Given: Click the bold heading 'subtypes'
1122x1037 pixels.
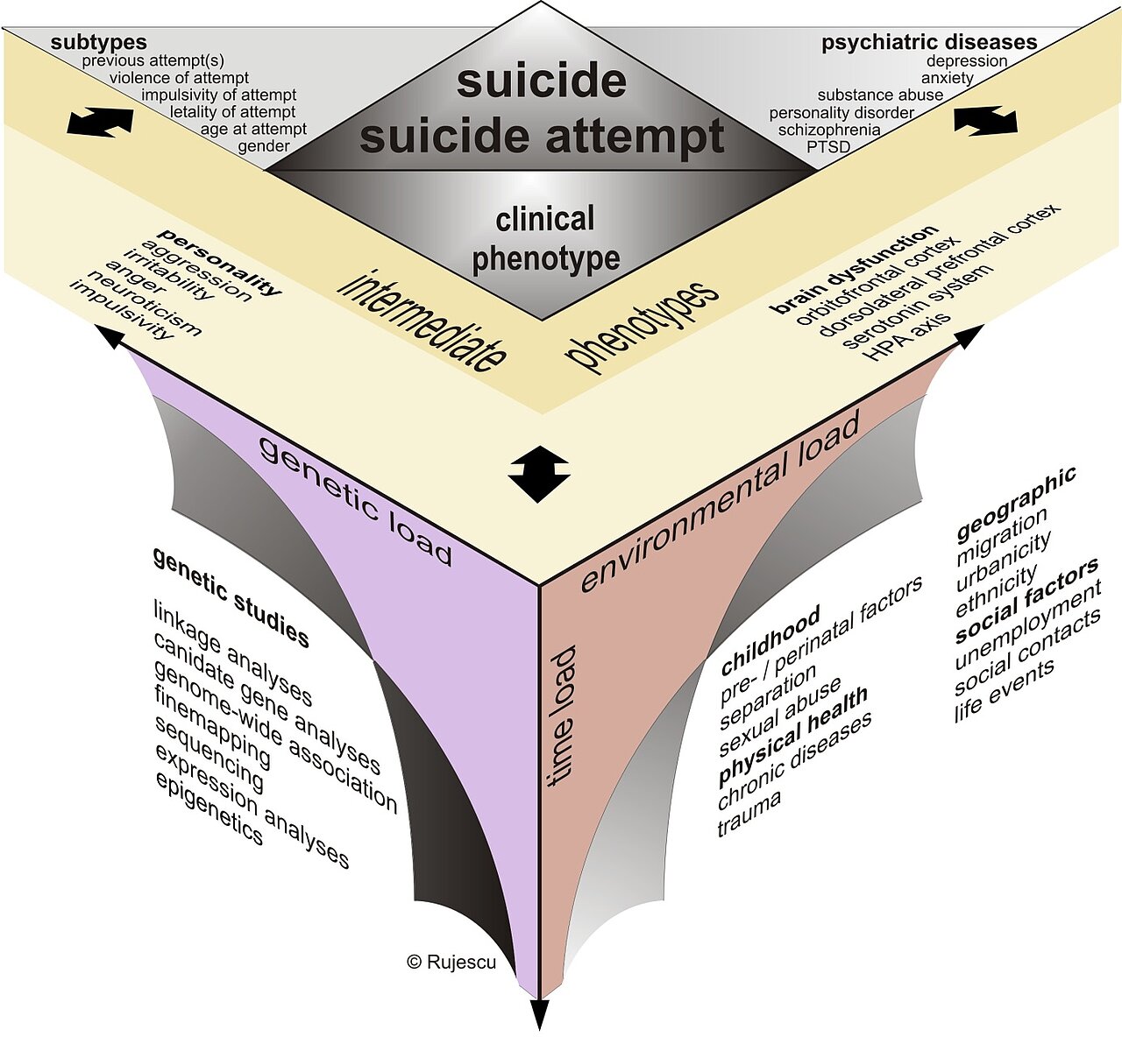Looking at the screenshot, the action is click(x=99, y=42).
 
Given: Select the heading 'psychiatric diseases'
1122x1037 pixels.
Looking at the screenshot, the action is click(x=929, y=42).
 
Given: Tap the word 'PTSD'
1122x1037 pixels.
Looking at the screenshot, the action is click(x=828, y=147).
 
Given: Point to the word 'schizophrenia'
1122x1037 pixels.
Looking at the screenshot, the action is click(x=829, y=130).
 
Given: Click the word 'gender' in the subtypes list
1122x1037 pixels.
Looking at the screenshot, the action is click(x=264, y=147).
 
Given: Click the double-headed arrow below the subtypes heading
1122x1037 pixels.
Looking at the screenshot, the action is click(x=100, y=122).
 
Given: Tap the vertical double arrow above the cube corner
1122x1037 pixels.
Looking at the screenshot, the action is click(x=538, y=474).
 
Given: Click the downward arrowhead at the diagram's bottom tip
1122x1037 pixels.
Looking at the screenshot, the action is click(x=540, y=1016).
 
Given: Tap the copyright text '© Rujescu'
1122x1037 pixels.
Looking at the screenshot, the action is click(x=451, y=962).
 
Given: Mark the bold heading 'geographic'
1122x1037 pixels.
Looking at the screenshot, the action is click(x=1016, y=504).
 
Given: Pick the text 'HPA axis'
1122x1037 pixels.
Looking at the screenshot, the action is click(x=905, y=337).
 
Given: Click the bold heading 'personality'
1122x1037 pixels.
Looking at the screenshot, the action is click(x=220, y=261).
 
